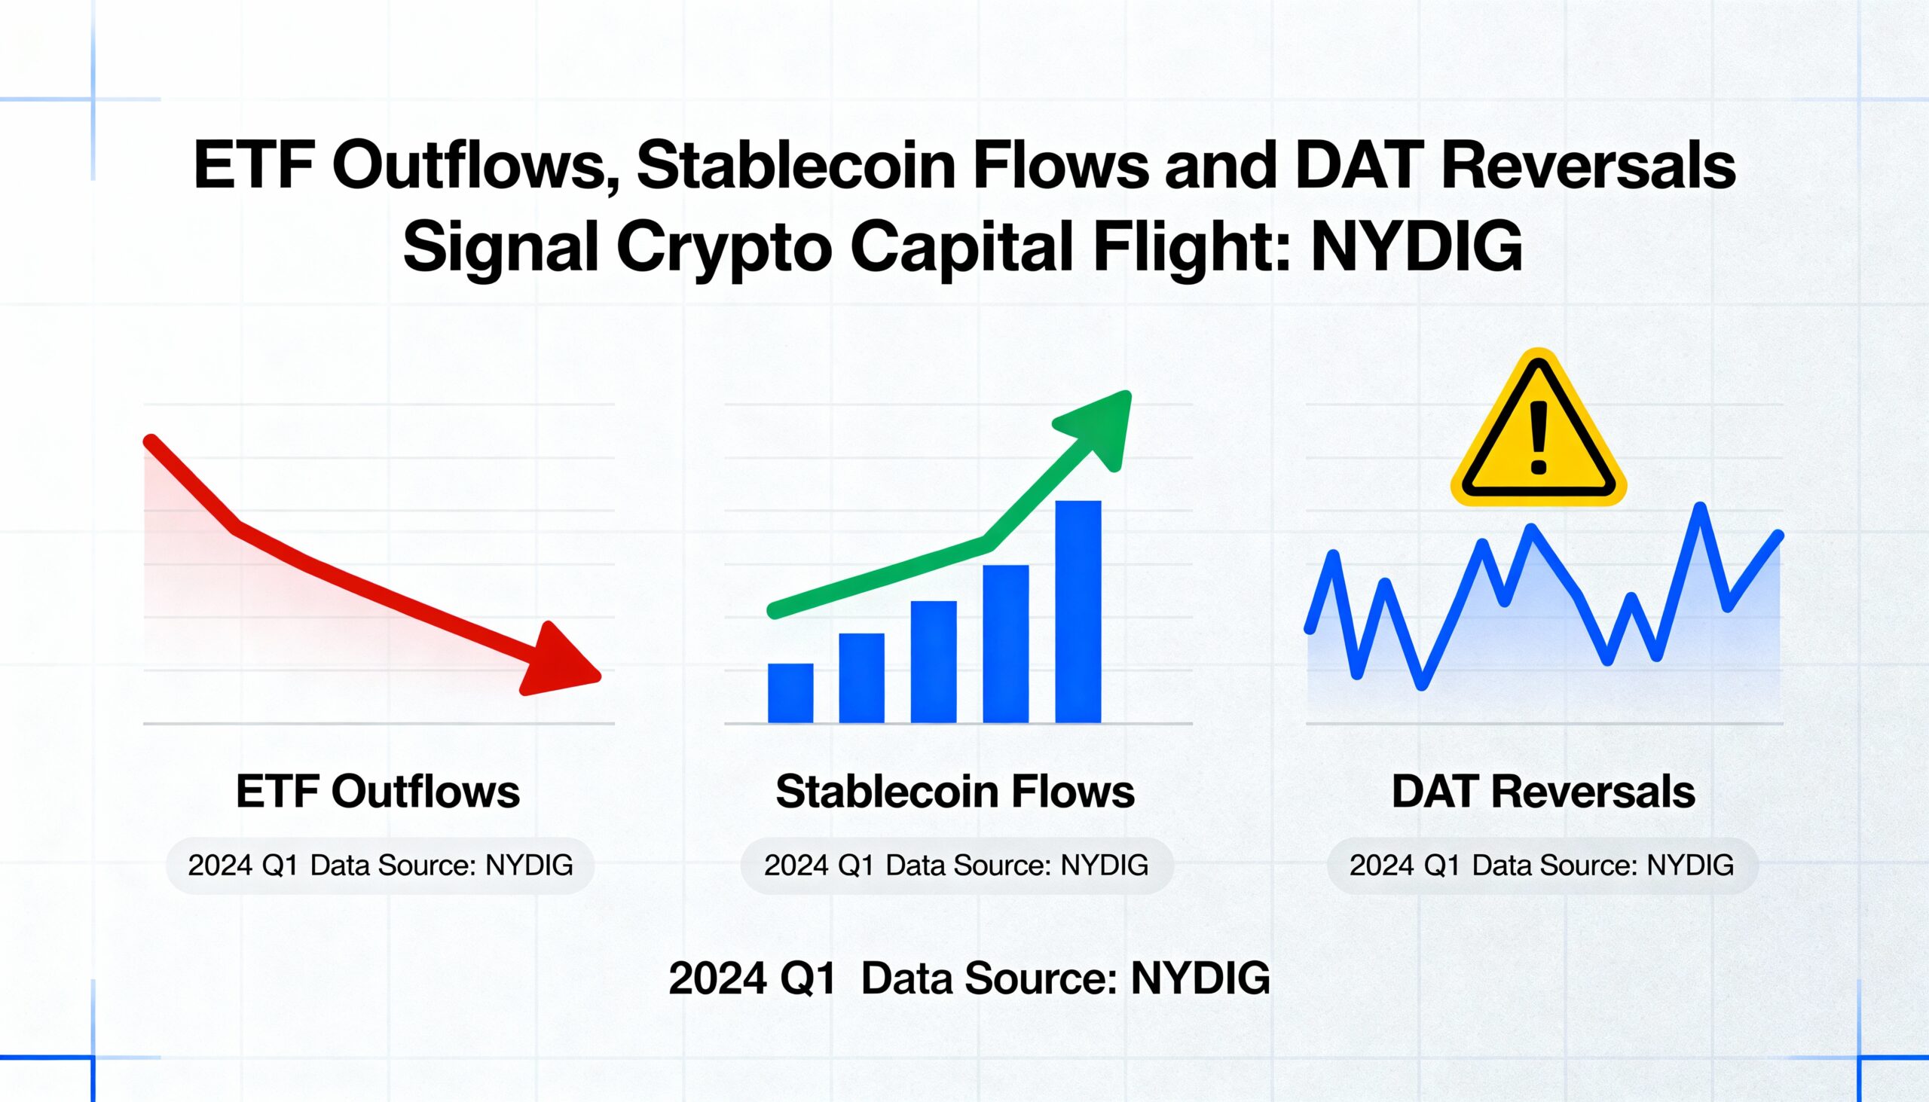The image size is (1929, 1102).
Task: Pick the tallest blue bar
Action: pyautogui.click(x=1078, y=612)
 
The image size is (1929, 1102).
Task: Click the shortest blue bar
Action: pyautogui.click(x=790, y=693)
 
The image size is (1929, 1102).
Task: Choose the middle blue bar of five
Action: pyautogui.click(x=934, y=662)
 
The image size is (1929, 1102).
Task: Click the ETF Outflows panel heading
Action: pyautogui.click(x=378, y=792)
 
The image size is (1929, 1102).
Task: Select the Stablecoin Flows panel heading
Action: pyautogui.click(x=955, y=792)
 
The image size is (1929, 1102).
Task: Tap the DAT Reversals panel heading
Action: pyautogui.click(x=1543, y=792)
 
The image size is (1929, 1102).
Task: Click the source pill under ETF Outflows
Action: pyautogui.click(x=380, y=865)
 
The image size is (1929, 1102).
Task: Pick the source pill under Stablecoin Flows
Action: pyautogui.click(x=957, y=865)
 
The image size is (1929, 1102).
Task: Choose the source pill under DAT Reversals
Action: pyautogui.click(x=1542, y=865)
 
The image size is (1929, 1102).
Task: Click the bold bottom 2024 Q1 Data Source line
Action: pyautogui.click(x=969, y=978)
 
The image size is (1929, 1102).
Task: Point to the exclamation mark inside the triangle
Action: pyautogui.click(x=1539, y=438)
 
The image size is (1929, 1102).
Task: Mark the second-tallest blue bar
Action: pyautogui.click(x=1005, y=644)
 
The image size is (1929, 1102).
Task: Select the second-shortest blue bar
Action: pyautogui.click(x=861, y=678)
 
